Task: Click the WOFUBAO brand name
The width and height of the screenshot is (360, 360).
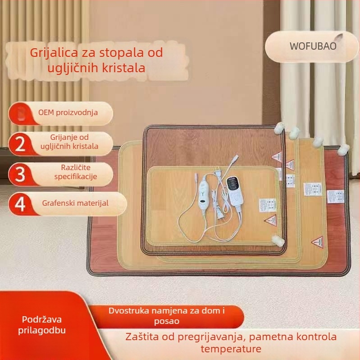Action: coord(313,46)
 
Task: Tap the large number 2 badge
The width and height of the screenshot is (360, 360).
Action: coord(20,143)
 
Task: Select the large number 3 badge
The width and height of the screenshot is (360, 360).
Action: coord(20,174)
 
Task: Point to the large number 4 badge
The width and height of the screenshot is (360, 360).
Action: coord(20,204)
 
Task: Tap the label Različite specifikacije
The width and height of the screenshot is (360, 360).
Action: coord(76,172)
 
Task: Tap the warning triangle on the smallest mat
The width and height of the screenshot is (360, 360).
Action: coord(271,220)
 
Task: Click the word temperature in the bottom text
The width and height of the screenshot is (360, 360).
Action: coord(231,349)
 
